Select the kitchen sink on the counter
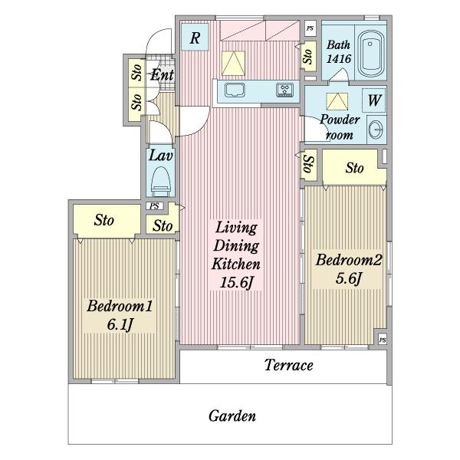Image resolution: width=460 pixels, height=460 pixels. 235,90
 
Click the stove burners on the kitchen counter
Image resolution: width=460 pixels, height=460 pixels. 284,90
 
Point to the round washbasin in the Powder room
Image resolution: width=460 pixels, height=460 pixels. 376,130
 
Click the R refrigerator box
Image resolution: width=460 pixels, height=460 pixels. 195,38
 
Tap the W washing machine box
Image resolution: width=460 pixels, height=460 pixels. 374,100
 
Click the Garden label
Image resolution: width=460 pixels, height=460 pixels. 232,416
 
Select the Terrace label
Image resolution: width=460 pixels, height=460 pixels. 289,365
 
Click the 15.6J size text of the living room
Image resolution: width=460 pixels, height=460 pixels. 236,282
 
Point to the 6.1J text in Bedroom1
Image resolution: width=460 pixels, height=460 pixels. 120,324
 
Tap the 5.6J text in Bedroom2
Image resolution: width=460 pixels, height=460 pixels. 348,278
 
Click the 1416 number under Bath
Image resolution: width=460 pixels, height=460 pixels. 339,59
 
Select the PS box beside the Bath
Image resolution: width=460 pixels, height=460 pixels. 310,28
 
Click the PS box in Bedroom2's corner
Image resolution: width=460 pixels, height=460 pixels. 383,340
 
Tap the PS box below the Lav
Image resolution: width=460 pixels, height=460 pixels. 155,206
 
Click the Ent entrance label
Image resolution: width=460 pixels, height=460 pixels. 162,75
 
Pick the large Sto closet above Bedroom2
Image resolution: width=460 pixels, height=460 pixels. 354,168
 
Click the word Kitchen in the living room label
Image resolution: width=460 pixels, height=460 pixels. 236,264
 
